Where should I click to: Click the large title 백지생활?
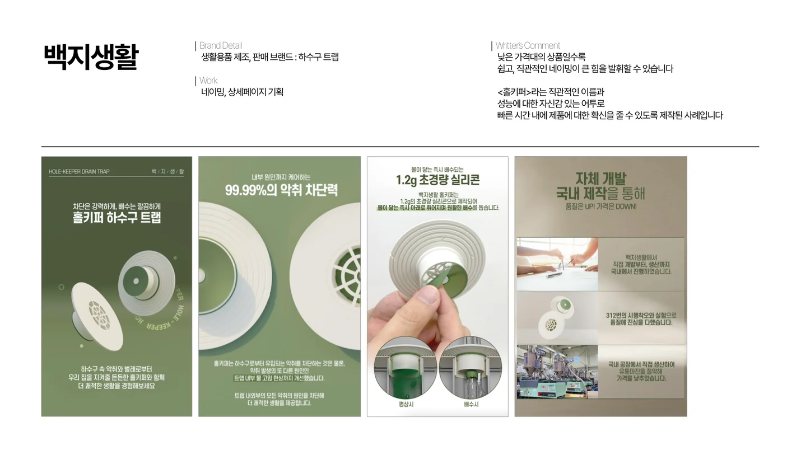pyautogui.click(x=91, y=57)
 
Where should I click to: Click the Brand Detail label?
pyautogui.click(x=221, y=45)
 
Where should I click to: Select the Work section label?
pyautogui.click(x=208, y=81)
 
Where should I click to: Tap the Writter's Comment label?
pyautogui.click(x=528, y=45)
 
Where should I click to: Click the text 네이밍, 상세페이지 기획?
pyautogui.click(x=242, y=92)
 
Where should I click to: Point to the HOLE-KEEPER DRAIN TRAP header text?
pyautogui.click(x=79, y=171)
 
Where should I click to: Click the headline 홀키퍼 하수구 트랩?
pyautogui.click(x=117, y=218)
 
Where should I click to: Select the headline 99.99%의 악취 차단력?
pyautogui.click(x=281, y=190)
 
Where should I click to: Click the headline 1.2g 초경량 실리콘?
pyautogui.click(x=437, y=180)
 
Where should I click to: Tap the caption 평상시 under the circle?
pyautogui.click(x=406, y=404)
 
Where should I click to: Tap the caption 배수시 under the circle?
pyautogui.click(x=471, y=404)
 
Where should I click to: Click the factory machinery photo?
pyautogui.click(x=557, y=372)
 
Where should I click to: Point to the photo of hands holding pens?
pyautogui.click(x=557, y=264)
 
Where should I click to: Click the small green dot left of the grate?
pyautogui.click(x=61, y=287)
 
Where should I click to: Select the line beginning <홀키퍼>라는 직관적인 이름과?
pyautogui.click(x=551, y=92)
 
